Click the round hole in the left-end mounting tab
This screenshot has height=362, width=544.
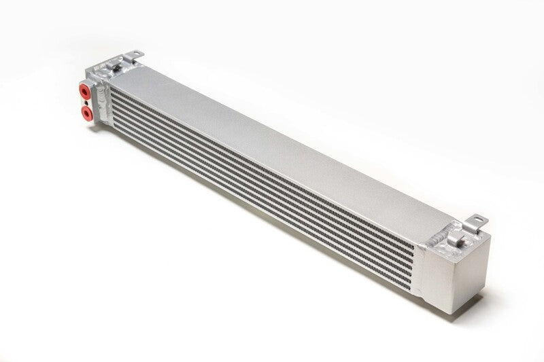[137, 54]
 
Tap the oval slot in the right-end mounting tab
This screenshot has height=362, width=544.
[478, 219]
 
